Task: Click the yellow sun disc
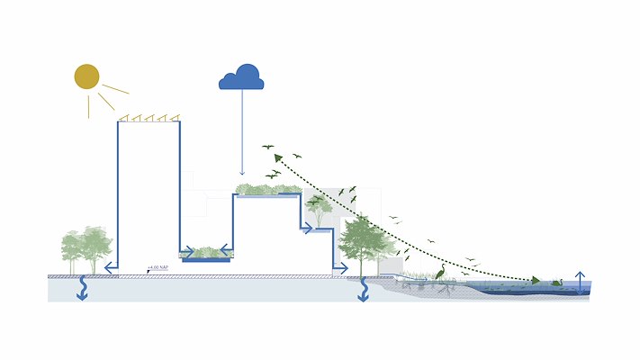[86, 77]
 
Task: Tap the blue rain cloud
[241, 79]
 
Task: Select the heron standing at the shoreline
[440, 274]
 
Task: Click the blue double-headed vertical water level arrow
[581, 280]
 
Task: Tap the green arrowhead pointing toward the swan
[536, 281]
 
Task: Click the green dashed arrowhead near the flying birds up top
[278, 157]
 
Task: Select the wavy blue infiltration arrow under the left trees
[82, 290]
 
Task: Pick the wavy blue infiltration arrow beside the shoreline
[364, 290]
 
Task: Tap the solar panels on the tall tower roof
[149, 117]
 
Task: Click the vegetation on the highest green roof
[266, 190]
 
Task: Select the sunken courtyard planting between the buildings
[206, 253]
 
